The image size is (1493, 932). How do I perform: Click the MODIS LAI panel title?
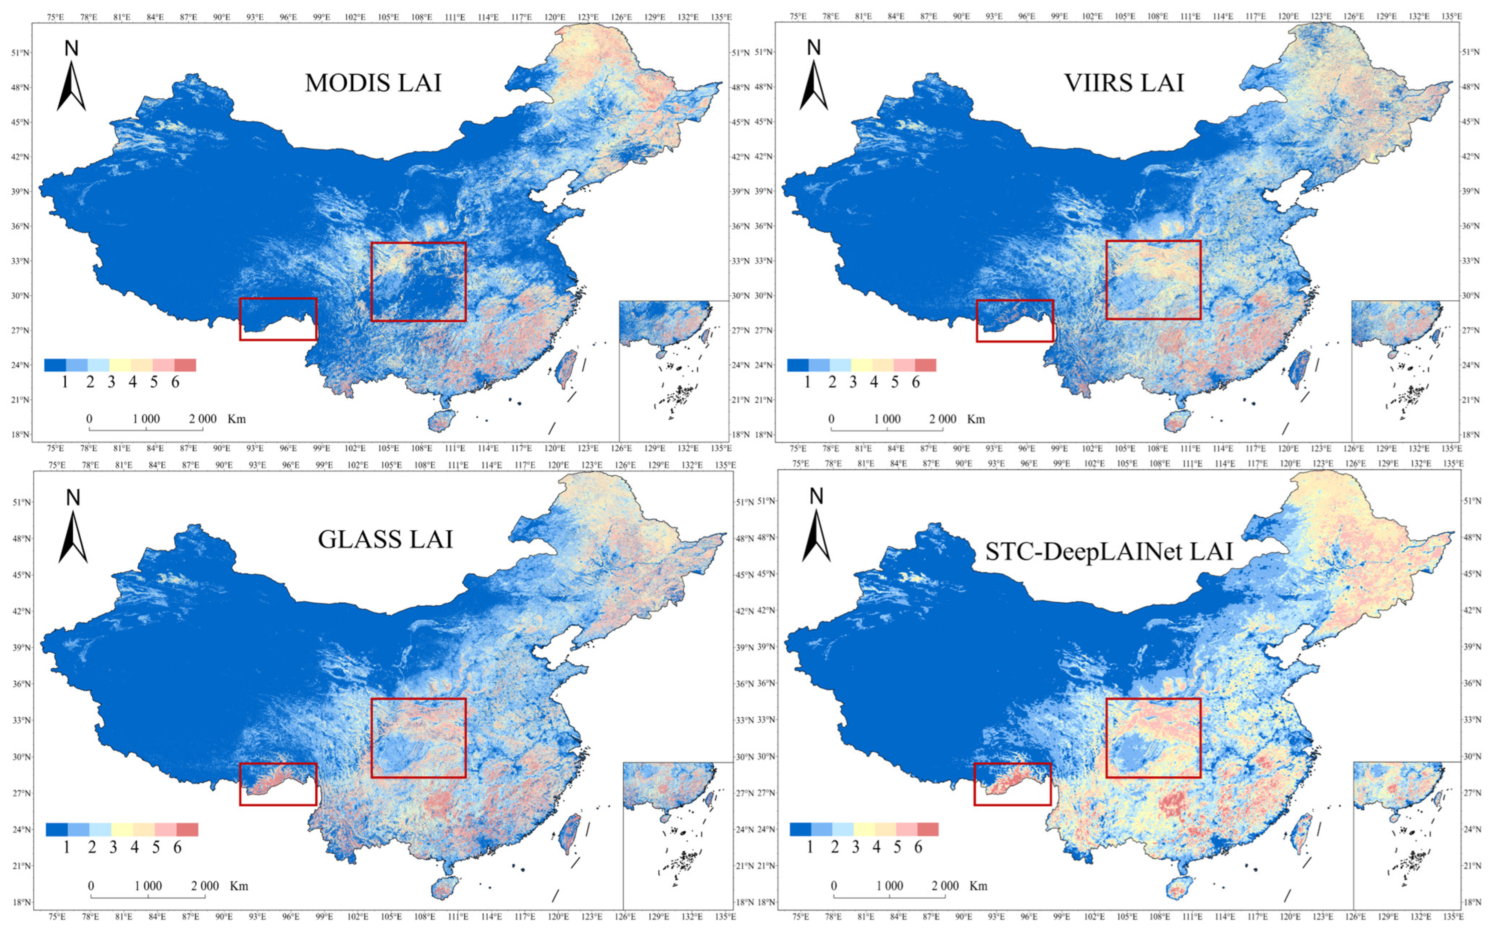point(373,82)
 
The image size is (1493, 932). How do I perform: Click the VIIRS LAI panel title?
point(1123,82)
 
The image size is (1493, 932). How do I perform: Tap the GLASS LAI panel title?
point(386,539)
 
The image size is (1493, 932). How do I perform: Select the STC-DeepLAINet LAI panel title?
point(1109,551)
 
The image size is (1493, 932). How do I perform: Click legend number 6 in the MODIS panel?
point(175,383)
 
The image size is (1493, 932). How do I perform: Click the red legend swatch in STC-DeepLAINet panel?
point(927,829)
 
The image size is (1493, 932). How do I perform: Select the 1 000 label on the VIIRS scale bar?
point(887,419)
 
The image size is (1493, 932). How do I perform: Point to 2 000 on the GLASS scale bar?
point(205,886)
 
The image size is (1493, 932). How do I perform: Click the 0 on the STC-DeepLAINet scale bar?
point(834,886)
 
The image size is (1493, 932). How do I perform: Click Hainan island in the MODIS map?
point(441,421)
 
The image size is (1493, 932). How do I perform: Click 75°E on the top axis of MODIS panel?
point(56,17)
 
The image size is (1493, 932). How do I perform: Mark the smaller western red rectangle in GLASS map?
point(278,784)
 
